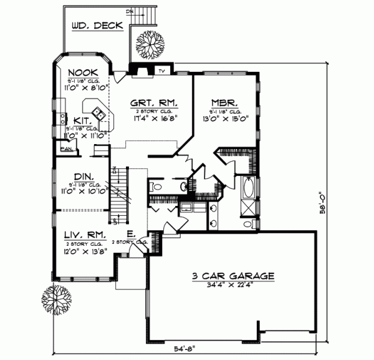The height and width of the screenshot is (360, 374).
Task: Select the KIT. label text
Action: click(81, 120)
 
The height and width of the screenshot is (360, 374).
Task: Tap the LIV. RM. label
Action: click(85, 235)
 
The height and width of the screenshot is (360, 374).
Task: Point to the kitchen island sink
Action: click(98, 113)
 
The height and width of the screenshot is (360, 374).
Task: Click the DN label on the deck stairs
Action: click(129, 11)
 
